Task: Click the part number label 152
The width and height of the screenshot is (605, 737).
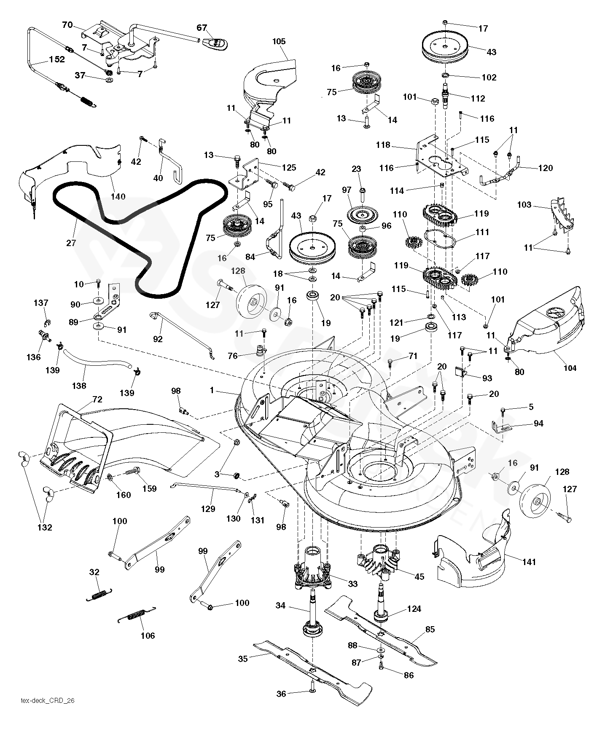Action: [x=57, y=59]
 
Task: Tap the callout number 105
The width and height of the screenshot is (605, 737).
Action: [x=279, y=41]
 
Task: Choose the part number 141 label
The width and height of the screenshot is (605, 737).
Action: [x=529, y=562]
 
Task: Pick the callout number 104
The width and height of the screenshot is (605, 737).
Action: [x=570, y=368]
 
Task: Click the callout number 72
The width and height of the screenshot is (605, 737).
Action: [x=97, y=399]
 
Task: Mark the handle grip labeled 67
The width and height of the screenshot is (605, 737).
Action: [x=215, y=43]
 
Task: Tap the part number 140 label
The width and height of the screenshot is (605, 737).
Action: [x=118, y=196]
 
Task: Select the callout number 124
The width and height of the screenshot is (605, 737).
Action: [x=413, y=609]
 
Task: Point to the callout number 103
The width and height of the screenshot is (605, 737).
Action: [x=524, y=205]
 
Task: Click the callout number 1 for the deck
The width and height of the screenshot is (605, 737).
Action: [x=212, y=391]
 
